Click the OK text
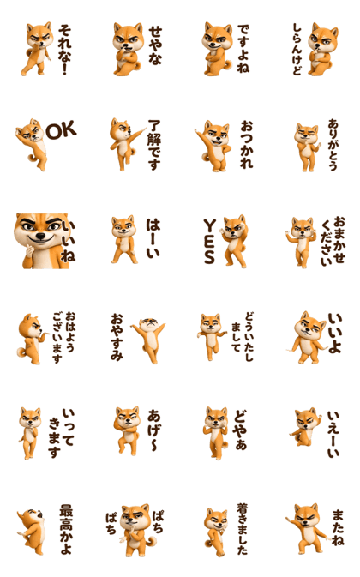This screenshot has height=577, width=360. click(x=61, y=130)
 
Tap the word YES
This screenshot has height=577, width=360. click(x=210, y=242)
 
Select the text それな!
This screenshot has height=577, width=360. click(x=64, y=50)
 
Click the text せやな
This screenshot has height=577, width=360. click(x=155, y=45)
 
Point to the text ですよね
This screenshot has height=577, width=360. click(x=243, y=48)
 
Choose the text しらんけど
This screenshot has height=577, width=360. click(x=297, y=50)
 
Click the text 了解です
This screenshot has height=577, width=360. click(x=154, y=145)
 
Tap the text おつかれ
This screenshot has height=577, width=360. click(x=246, y=144)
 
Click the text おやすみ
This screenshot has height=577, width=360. click(x=117, y=337)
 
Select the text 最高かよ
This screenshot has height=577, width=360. click(x=67, y=529)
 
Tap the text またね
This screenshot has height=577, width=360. click(x=338, y=527)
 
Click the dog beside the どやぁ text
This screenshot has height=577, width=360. click(x=216, y=433)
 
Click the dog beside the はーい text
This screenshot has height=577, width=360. click(x=124, y=239)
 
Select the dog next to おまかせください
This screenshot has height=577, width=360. click(x=301, y=242)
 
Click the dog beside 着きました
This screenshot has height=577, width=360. click(x=216, y=532)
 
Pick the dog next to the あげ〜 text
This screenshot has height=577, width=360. click(x=127, y=430)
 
